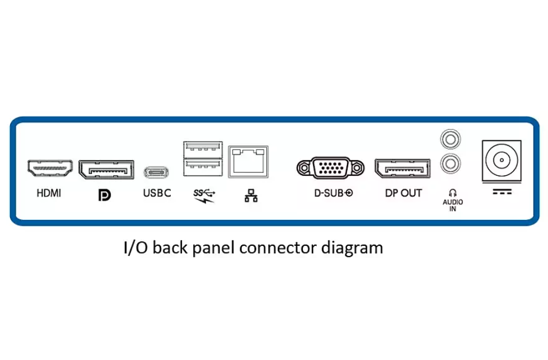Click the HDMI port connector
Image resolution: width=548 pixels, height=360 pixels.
(x=50, y=168)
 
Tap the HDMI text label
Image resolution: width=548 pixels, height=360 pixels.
(x=49, y=194)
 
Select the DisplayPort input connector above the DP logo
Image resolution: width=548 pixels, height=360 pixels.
(x=106, y=169)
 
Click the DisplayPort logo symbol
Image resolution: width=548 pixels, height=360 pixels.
(x=104, y=195)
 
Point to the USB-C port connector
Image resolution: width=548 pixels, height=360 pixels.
(x=157, y=171)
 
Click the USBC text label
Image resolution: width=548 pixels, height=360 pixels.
(x=157, y=194)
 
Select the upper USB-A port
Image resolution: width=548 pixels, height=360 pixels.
(x=203, y=149)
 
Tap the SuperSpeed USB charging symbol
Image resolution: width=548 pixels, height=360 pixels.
(x=204, y=195)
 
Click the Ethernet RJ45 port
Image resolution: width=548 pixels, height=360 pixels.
(x=248, y=161)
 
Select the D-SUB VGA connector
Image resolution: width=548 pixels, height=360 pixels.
(x=330, y=167)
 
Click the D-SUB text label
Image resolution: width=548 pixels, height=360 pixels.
(x=333, y=194)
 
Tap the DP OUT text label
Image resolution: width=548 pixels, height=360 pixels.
(x=403, y=194)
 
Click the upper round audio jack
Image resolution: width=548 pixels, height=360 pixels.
(x=451, y=138)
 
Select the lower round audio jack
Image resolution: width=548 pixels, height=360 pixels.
(x=451, y=163)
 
